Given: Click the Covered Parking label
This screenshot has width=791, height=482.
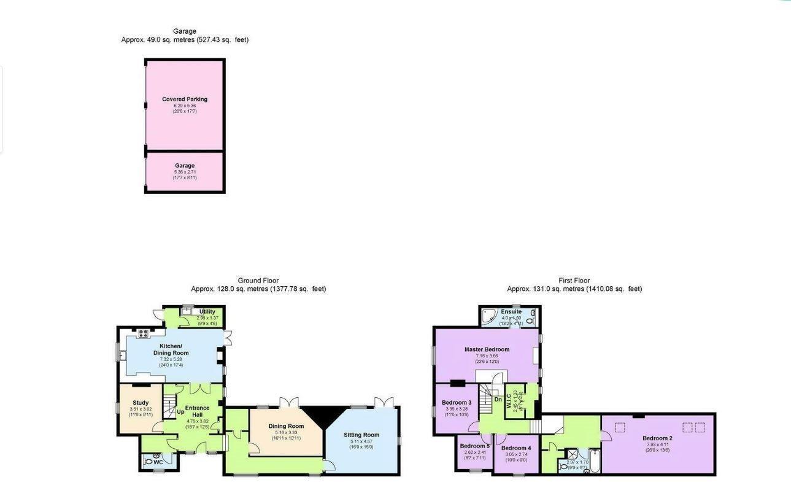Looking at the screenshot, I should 184,99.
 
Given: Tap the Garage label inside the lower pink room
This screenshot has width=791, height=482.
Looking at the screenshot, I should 184,166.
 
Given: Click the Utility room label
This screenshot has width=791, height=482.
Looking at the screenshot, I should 207,312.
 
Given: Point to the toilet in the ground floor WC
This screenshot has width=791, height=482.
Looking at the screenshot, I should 148,461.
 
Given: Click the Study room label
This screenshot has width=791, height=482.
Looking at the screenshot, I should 141,403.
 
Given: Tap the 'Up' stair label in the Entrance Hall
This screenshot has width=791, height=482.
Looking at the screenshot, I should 180,412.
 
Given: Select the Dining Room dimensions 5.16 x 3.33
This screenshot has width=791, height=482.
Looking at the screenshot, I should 287,432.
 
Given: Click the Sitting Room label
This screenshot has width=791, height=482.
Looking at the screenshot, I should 361,435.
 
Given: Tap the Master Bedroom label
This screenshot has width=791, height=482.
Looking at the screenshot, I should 487,349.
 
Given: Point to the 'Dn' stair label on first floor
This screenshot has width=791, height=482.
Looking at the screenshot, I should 498,399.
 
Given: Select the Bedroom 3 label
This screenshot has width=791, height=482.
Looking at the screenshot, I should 457,403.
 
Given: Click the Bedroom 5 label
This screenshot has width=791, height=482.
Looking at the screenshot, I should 474,446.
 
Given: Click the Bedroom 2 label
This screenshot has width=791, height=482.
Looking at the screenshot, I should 657,438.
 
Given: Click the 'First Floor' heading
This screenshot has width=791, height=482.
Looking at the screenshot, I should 574,281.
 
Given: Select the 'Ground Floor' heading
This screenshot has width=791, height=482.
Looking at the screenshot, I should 258,281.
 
